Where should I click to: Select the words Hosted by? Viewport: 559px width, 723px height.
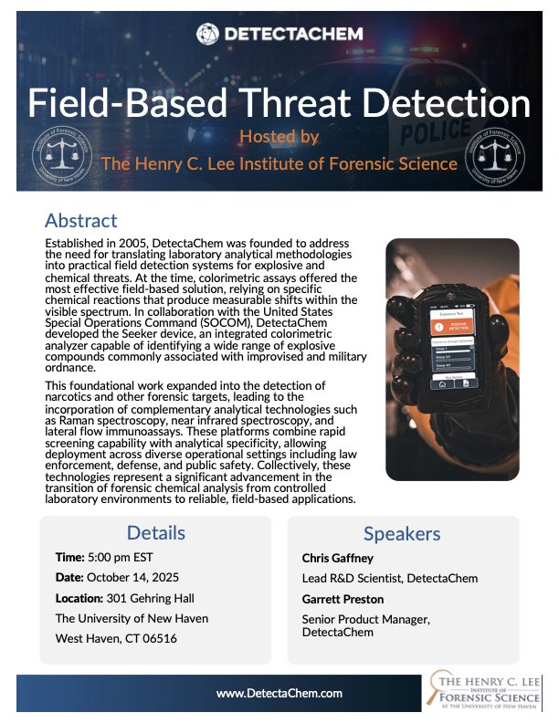279,136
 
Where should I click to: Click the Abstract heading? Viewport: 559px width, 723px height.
81,220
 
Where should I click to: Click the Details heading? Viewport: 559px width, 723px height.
155,533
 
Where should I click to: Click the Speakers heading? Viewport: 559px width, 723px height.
403,534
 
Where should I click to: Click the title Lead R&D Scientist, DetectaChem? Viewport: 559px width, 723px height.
389,578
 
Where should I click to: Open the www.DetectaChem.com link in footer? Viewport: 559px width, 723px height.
279,694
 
